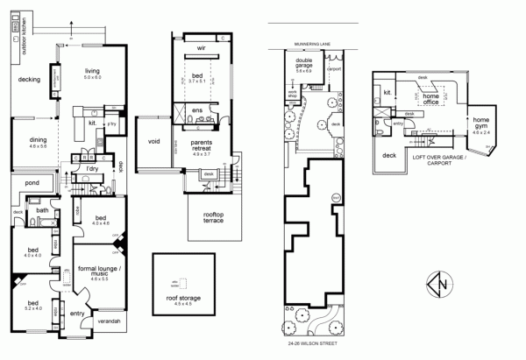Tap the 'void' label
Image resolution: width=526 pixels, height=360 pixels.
pos(154,140)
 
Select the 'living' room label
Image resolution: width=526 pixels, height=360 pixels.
pos(93,73)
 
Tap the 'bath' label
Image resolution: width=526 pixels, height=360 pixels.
pos(41,210)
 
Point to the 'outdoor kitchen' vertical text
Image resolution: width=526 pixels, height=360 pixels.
pos(12,30)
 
